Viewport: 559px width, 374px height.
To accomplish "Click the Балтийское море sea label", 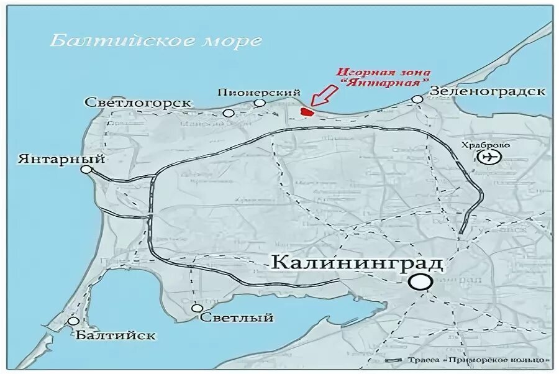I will pos(155,41).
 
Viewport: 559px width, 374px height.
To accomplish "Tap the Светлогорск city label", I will pos(139,103).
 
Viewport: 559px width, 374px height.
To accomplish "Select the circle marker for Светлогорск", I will pos(229,113).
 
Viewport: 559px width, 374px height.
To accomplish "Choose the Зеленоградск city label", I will pos(488,91).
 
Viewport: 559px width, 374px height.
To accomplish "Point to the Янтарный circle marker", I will pos(86,169).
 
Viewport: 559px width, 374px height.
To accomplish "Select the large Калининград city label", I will pos(358,263).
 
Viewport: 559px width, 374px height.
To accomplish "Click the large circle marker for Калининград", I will pos(420,282).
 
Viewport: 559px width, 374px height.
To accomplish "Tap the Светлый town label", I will pos(238,317).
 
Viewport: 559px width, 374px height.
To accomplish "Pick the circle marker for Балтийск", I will pos(73,321).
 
